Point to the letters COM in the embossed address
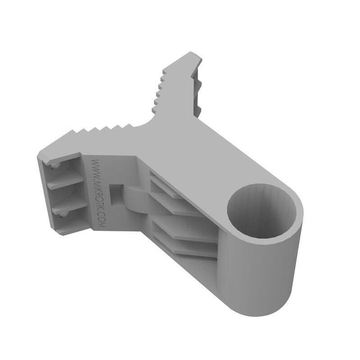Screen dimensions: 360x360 pyautogui.click(x=102, y=220)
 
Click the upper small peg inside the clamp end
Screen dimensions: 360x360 pyautogui.click(x=54, y=166)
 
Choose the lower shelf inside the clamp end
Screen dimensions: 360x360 pyautogui.click(x=67, y=205)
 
